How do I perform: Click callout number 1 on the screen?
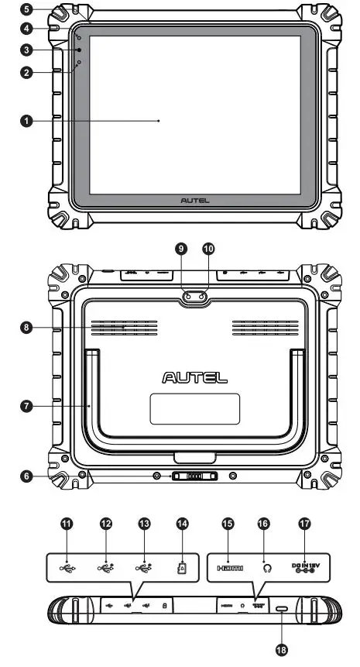click(x=27, y=121)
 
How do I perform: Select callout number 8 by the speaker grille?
click(x=27, y=328)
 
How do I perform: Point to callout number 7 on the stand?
click(x=27, y=405)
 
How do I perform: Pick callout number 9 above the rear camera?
click(x=181, y=249)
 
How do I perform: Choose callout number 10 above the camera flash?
click(x=207, y=249)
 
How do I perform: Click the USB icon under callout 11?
click(x=68, y=568)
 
